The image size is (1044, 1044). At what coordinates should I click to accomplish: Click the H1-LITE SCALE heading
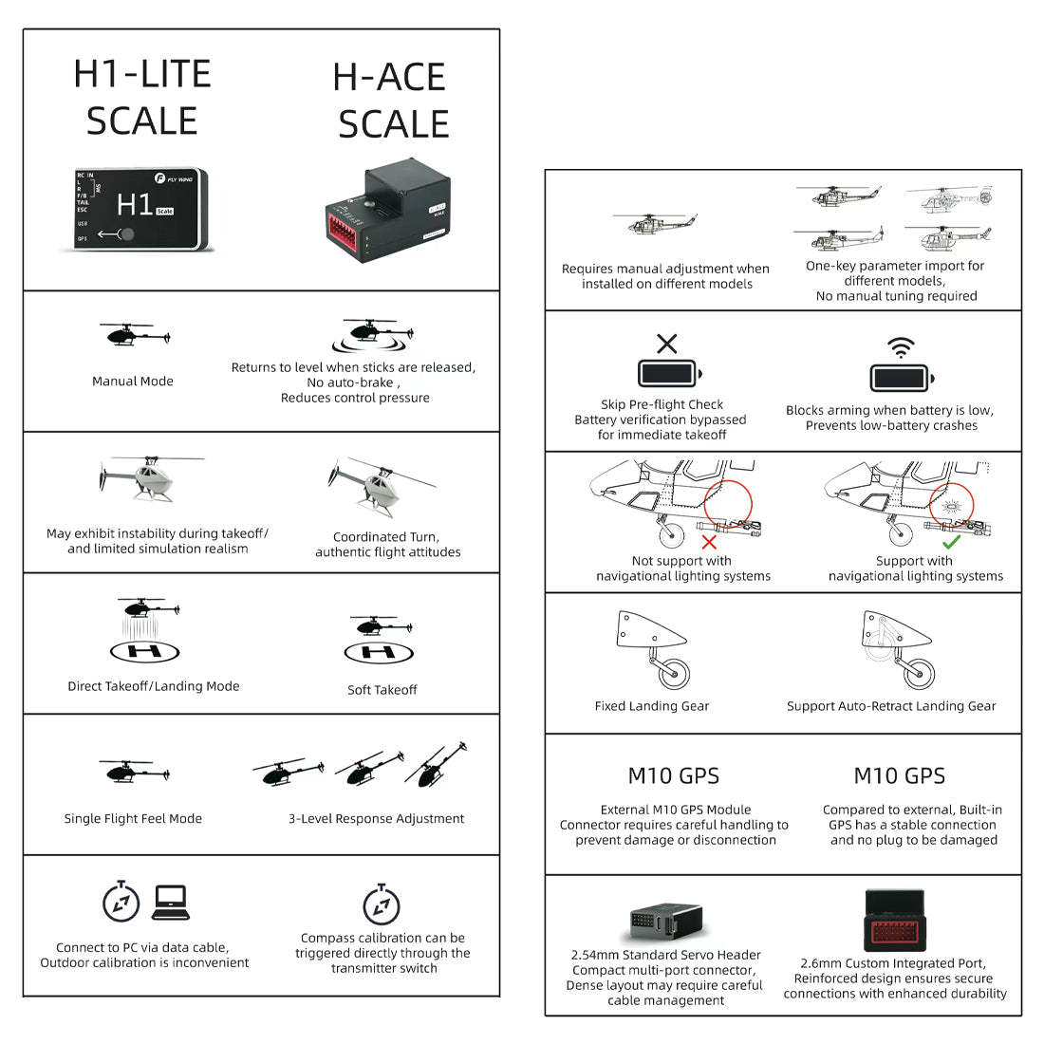tap(142, 98)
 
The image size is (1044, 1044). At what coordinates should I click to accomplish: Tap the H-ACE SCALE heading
tap(391, 101)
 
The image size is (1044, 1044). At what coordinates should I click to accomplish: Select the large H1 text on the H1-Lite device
tap(134, 204)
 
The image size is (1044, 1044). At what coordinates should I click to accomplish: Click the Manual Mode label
tap(133, 382)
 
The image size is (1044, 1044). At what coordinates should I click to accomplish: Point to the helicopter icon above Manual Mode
tap(134, 335)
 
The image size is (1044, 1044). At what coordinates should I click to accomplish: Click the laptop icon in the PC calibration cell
tap(171, 902)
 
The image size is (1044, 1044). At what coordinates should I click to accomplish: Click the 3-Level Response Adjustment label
tap(377, 818)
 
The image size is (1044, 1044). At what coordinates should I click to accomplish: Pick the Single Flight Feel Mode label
tap(133, 818)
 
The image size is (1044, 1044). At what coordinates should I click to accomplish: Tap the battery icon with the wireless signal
tap(902, 378)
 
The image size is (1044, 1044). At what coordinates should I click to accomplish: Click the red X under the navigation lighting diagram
tap(709, 542)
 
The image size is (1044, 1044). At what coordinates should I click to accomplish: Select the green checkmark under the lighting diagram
tap(951, 542)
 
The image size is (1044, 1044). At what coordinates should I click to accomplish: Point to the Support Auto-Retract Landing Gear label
tap(891, 706)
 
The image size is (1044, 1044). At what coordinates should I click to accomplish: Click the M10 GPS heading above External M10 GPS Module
tap(674, 775)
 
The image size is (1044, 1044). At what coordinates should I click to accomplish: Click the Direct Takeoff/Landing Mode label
tap(154, 686)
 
